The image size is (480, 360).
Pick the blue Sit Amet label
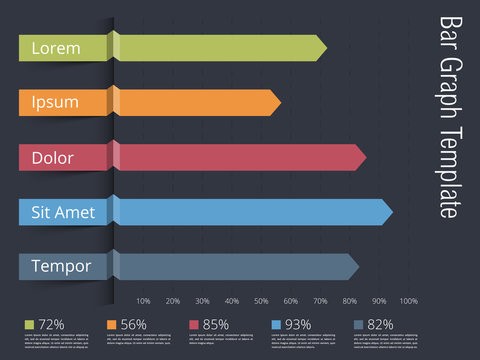[62, 212]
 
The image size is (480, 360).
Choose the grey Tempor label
[60, 267]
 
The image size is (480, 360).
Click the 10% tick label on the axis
[143, 301]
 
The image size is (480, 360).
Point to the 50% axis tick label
[261, 301]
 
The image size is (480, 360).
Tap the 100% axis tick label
[408, 301]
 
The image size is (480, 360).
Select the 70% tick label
[320, 301]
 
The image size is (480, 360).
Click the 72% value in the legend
[51, 325]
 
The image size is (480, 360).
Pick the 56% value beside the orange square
[133, 325]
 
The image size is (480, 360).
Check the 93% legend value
[298, 325]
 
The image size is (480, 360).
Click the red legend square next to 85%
[194, 325]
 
